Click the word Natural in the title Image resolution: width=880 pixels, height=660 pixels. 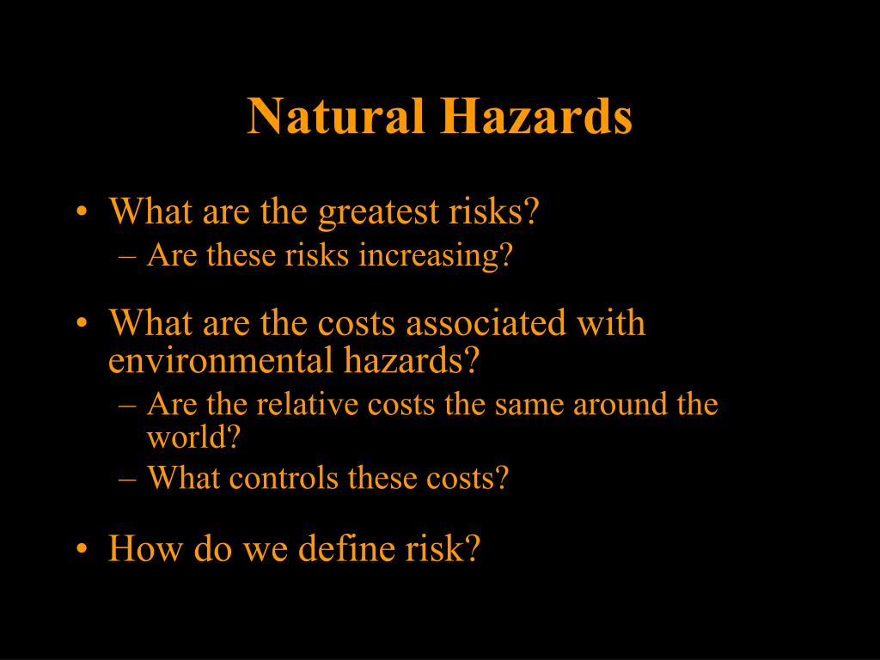336,116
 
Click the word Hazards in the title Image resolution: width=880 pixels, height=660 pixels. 536,116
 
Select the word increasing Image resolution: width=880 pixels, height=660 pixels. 436,256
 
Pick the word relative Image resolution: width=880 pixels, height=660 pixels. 308,404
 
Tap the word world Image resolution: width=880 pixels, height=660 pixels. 193,437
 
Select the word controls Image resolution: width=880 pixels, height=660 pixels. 284,478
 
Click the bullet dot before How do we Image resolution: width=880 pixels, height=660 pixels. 82,548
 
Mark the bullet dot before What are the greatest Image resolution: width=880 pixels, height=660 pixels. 82,212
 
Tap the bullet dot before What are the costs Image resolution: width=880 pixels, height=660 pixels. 82,323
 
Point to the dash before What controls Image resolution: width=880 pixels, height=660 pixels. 127,480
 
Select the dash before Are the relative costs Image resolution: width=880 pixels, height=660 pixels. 127,406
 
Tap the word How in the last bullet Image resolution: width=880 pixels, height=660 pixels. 145,547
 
